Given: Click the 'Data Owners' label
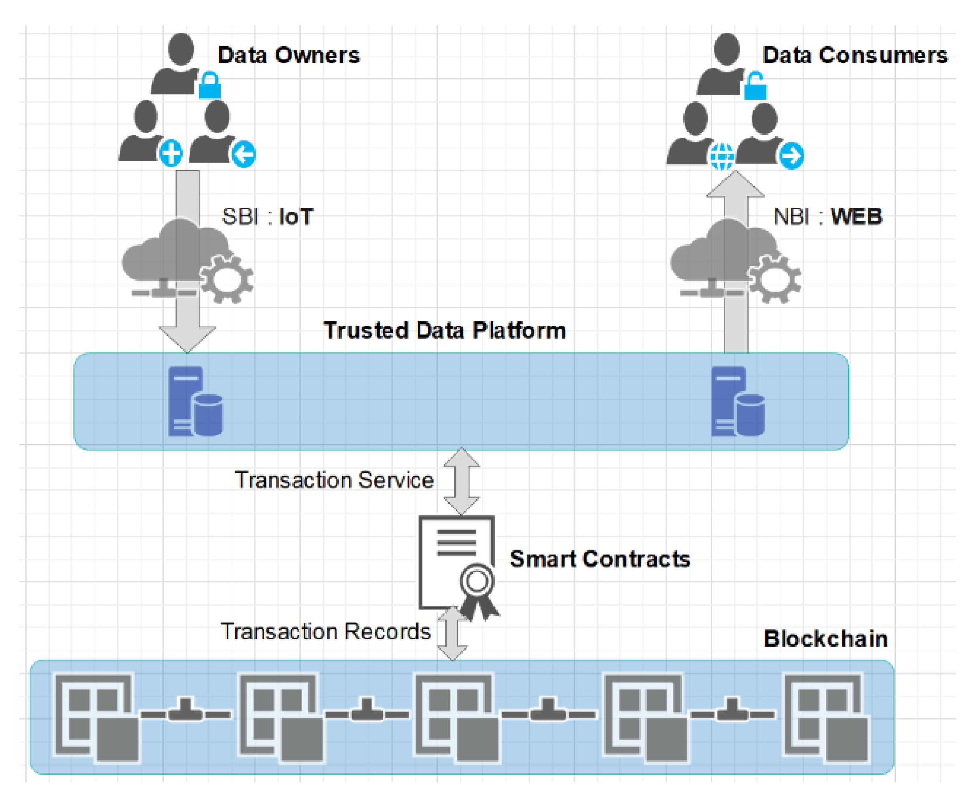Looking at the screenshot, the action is pyautogui.click(x=289, y=55).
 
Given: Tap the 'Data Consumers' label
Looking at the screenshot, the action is pyautogui.click(x=855, y=55).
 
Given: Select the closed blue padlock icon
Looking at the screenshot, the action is pyautogui.click(x=209, y=85).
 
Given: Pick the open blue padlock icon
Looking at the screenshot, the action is pyautogui.click(x=755, y=86).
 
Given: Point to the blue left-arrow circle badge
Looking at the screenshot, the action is pyautogui.click(x=244, y=154).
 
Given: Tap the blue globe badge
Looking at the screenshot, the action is pyautogui.click(x=722, y=156).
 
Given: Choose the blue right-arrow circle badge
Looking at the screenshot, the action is pyautogui.click(x=791, y=155).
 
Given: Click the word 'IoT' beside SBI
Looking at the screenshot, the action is pyautogui.click(x=297, y=217).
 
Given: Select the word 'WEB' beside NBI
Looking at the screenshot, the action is pyautogui.click(x=856, y=217).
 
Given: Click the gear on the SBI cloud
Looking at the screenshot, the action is pyautogui.click(x=227, y=279).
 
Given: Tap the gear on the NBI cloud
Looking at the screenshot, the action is pyautogui.click(x=774, y=279).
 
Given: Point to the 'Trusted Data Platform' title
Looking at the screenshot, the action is pyautogui.click(x=445, y=331).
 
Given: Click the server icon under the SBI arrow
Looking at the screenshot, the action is pyautogui.click(x=195, y=401).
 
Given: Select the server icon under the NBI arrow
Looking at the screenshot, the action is pyautogui.click(x=737, y=401).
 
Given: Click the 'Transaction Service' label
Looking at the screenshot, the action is pyautogui.click(x=335, y=480).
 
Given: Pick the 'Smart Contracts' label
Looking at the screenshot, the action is pyautogui.click(x=600, y=559).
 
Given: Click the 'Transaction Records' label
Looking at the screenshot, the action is pyautogui.click(x=326, y=631).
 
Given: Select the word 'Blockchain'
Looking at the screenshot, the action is pyautogui.click(x=826, y=639).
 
